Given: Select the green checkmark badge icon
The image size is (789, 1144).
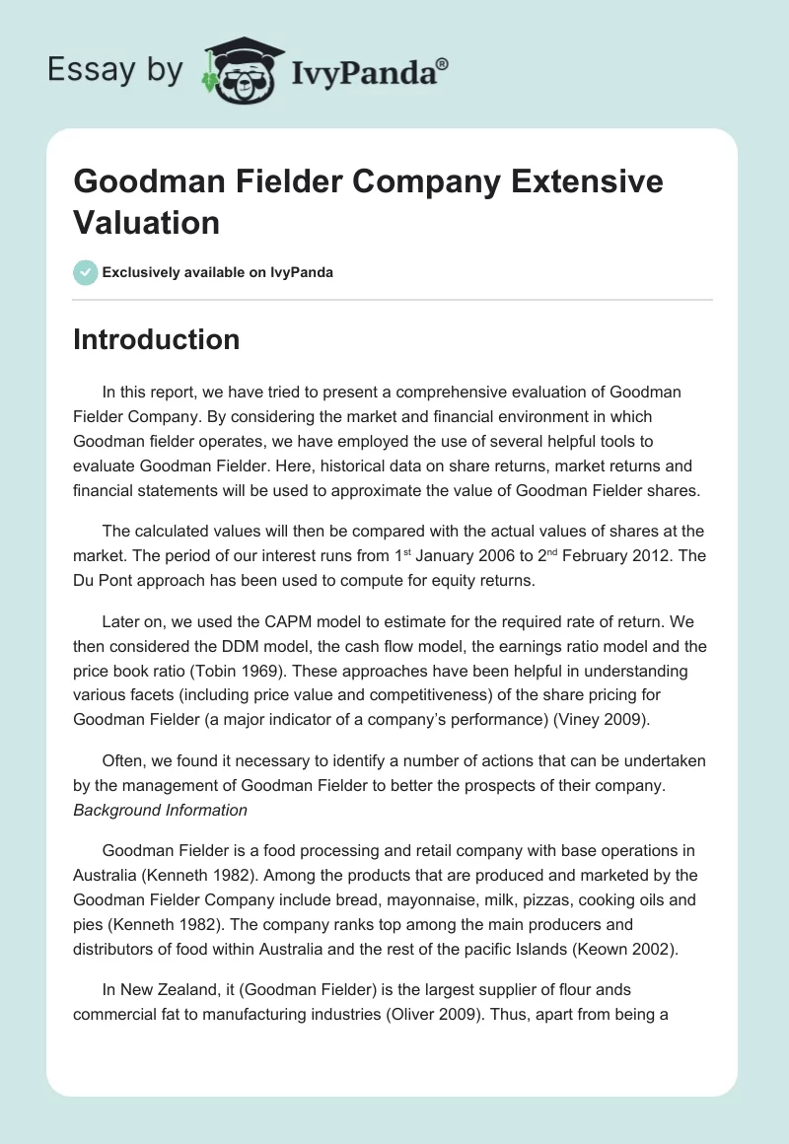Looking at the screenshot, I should pyautogui.click(x=86, y=272).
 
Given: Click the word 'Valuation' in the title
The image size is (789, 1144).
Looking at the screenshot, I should pyautogui.click(x=147, y=222).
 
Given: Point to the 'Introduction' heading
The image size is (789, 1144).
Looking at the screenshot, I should pyautogui.click(x=157, y=339).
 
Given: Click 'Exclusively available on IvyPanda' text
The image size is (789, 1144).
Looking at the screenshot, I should pyautogui.click(x=218, y=272).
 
